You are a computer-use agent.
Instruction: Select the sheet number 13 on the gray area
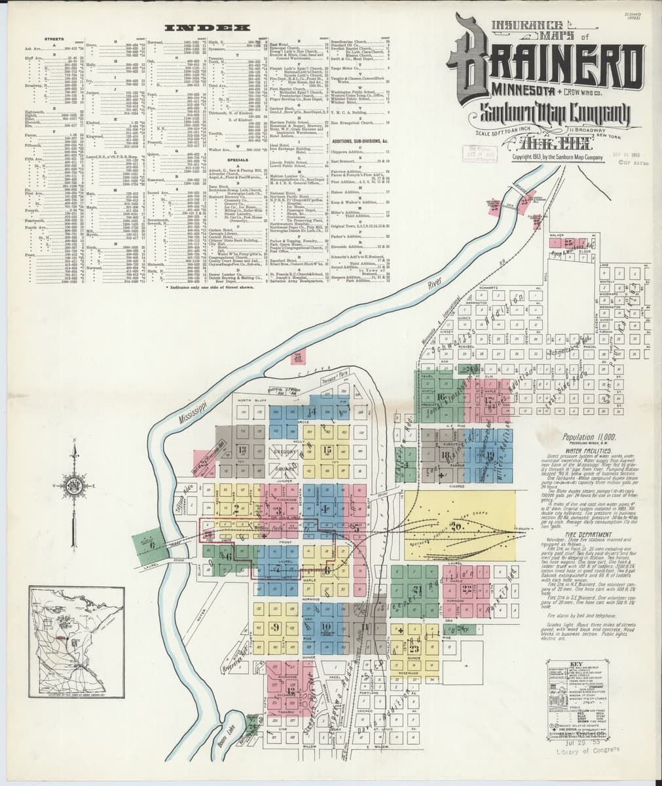(244, 449)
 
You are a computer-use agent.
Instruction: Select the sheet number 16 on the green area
(440, 397)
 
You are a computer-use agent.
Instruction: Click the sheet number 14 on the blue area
(312, 411)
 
